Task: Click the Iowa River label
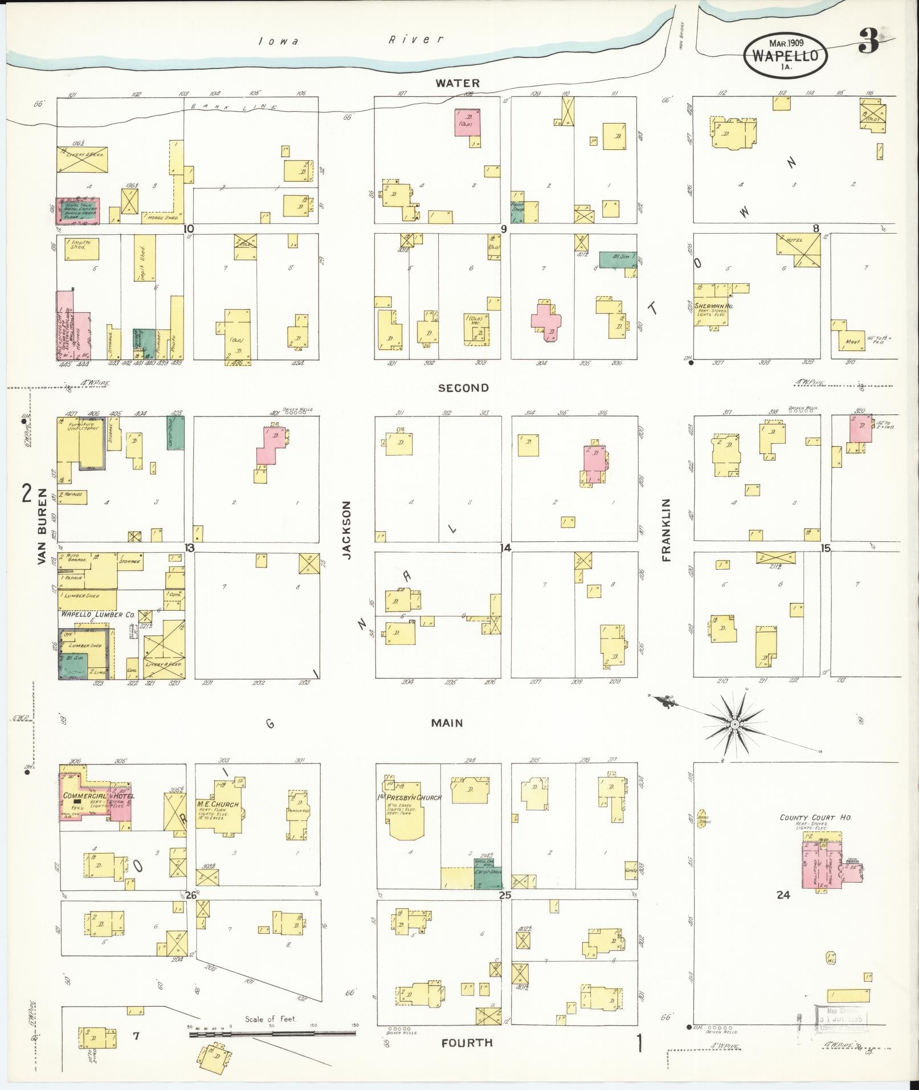pyautogui.click(x=350, y=40)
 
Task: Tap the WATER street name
pyautogui.click(x=458, y=83)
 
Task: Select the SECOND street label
pyautogui.click(x=463, y=388)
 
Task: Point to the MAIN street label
pyautogui.click(x=447, y=723)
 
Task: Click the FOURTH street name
pyautogui.click(x=467, y=1043)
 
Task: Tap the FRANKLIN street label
pyautogui.click(x=667, y=530)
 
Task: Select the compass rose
pyautogui.click(x=734, y=724)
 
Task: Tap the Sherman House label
pyautogui.click(x=713, y=306)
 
